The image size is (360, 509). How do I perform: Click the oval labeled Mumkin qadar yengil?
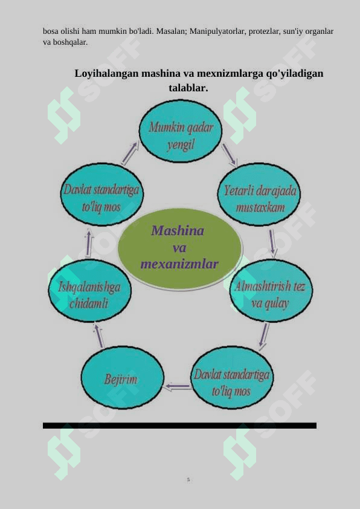pos(181,131)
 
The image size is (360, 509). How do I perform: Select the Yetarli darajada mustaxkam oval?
pos(259,194)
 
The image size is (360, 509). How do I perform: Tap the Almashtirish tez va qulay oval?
pos(271,290)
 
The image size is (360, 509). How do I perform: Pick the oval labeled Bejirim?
pos(122,378)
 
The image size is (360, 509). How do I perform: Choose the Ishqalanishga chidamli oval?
pos(89,291)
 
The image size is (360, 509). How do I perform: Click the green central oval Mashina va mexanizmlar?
pos(179,248)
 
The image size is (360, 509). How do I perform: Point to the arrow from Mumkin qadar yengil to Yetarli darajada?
pos(230,155)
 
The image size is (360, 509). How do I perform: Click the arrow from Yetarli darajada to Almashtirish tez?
pos(272,243)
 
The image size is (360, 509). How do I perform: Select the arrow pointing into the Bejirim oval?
pos(178,386)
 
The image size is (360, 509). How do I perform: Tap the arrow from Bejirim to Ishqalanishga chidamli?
pos(98,335)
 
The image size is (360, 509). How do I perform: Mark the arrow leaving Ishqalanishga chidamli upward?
pos(89,243)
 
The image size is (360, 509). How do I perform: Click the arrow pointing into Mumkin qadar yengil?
pos(130,152)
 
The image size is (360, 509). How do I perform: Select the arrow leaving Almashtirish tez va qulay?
pos(264,336)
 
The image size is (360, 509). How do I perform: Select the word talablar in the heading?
pos(188,88)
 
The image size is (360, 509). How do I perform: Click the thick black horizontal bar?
pos(179,426)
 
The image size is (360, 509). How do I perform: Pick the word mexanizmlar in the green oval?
pos(179,264)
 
